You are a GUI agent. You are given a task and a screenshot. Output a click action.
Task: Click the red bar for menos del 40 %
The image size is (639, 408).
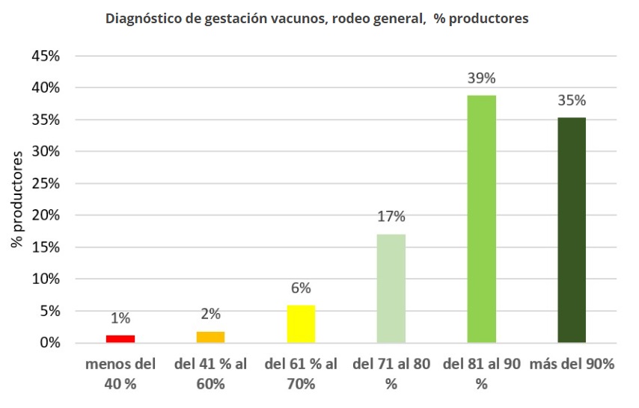[x=120, y=339]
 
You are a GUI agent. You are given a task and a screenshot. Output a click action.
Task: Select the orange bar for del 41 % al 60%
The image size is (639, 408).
[x=210, y=337]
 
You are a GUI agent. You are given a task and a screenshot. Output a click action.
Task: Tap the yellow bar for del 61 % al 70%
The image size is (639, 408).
[x=301, y=324]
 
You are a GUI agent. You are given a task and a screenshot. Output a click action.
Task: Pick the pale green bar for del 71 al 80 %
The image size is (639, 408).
[x=391, y=288]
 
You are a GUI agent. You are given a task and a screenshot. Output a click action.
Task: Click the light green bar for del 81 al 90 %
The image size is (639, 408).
[x=481, y=219]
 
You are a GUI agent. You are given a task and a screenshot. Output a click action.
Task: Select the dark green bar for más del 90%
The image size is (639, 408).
[x=572, y=230]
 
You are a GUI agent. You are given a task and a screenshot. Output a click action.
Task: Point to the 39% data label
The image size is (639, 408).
[x=481, y=78]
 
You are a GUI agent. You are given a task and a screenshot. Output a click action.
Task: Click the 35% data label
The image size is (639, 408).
[x=572, y=101]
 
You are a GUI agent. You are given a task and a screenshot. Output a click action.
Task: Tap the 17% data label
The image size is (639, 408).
[x=391, y=217]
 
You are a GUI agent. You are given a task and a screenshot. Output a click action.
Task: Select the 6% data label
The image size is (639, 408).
[x=301, y=288]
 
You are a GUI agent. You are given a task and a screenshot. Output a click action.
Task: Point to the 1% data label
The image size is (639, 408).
[x=120, y=318]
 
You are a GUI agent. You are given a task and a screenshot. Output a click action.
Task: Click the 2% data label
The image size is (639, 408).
[x=210, y=315]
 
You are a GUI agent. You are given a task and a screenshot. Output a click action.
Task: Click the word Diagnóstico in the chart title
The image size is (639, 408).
[x=143, y=19]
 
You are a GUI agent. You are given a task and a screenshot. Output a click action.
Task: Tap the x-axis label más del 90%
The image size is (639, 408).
[x=572, y=365]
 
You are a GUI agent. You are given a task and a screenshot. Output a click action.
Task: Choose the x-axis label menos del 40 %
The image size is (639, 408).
[x=120, y=374]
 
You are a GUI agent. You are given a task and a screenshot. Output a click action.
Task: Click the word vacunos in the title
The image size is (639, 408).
[x=295, y=19]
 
